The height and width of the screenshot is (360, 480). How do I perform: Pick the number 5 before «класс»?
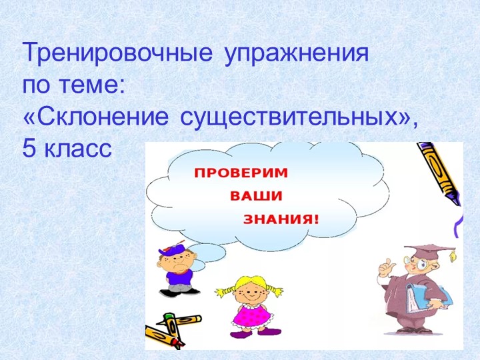click(x=29, y=148)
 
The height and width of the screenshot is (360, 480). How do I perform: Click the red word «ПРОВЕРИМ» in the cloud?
click(x=241, y=173)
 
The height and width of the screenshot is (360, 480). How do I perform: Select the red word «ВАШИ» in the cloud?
click(x=256, y=196)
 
